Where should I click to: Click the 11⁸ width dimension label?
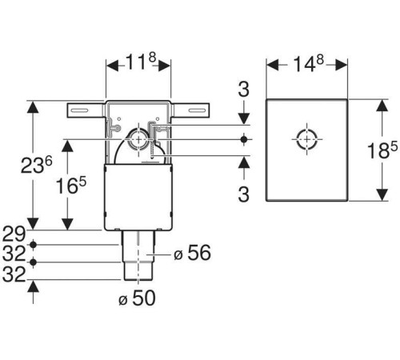(x=141, y=62)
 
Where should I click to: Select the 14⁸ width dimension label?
(x=308, y=64)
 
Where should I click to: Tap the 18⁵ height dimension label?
(x=382, y=150)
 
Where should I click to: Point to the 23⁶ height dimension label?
(x=37, y=165)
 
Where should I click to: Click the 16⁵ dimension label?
(x=71, y=186)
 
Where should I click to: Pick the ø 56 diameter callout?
(x=192, y=253)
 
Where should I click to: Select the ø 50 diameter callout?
(x=137, y=298)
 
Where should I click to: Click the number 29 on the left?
(x=14, y=234)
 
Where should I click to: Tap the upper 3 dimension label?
(x=244, y=90)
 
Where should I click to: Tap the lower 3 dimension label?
(x=244, y=194)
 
